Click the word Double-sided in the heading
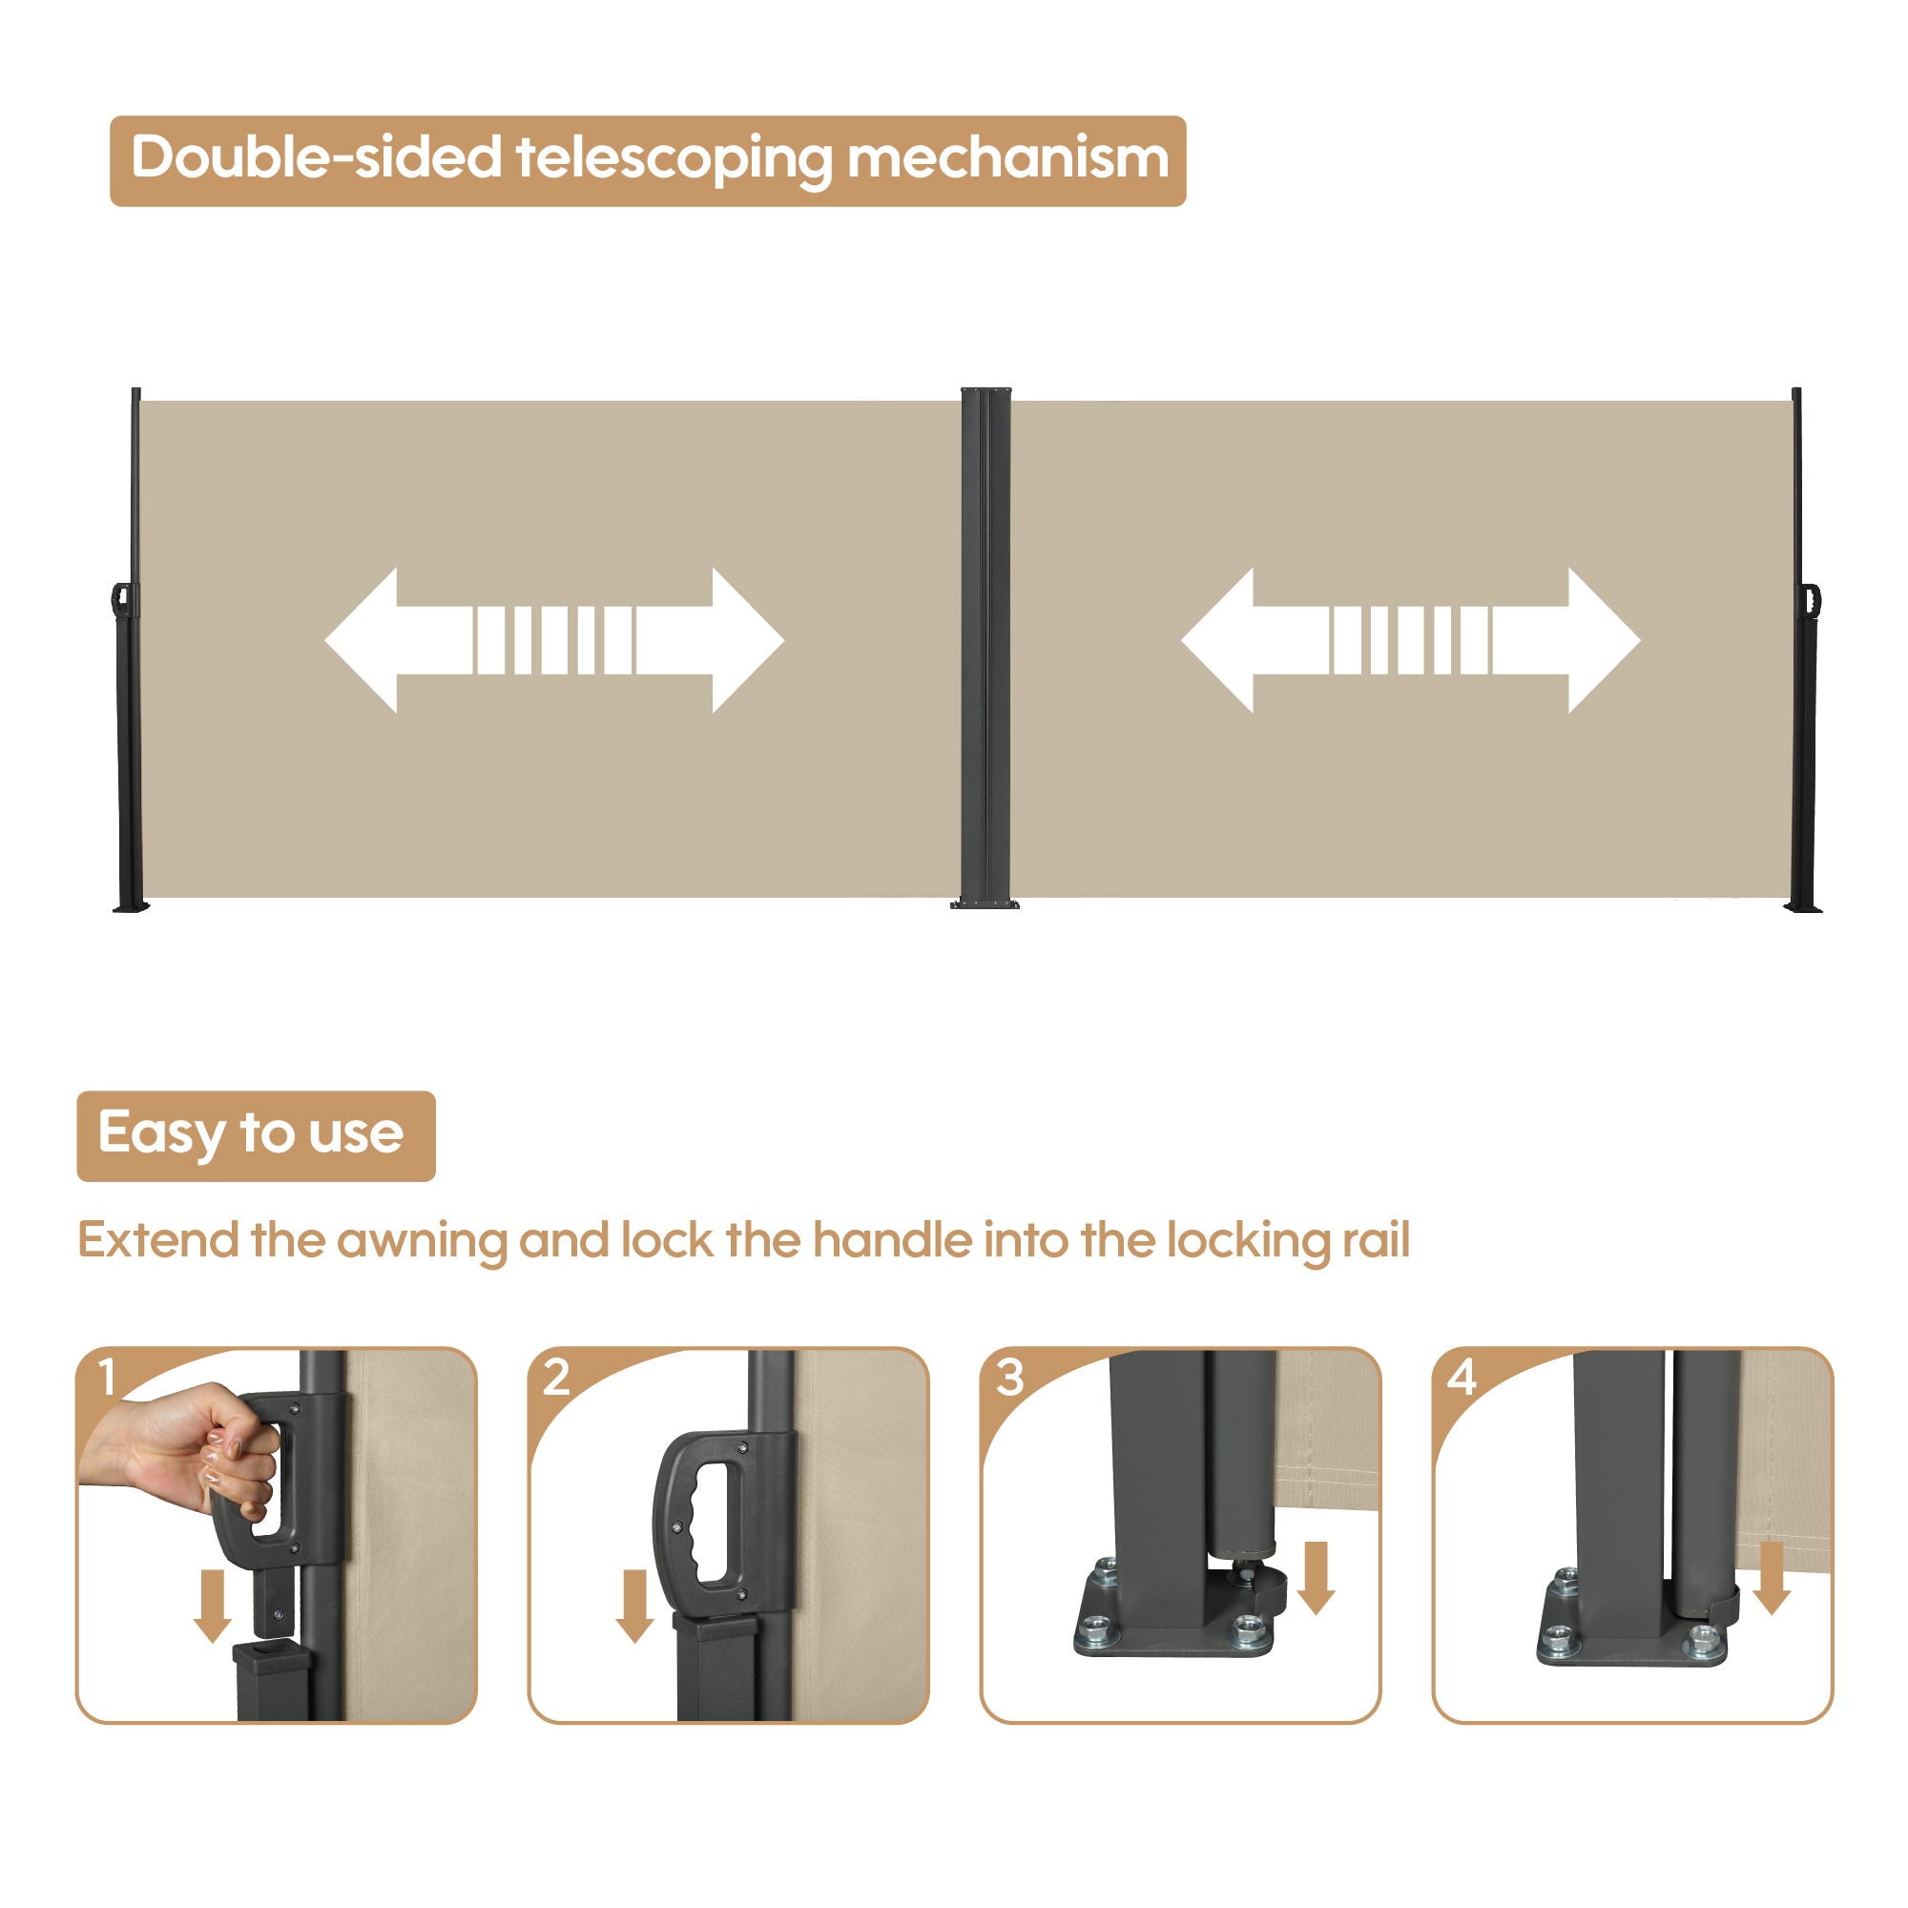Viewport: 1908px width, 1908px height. point(316,158)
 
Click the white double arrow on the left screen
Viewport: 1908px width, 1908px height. point(554,640)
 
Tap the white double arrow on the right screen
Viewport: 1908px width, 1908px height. point(1410,640)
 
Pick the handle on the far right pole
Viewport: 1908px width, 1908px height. point(1814,599)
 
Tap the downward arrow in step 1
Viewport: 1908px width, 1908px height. point(213,1607)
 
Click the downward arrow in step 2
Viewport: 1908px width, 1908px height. point(634,1607)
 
